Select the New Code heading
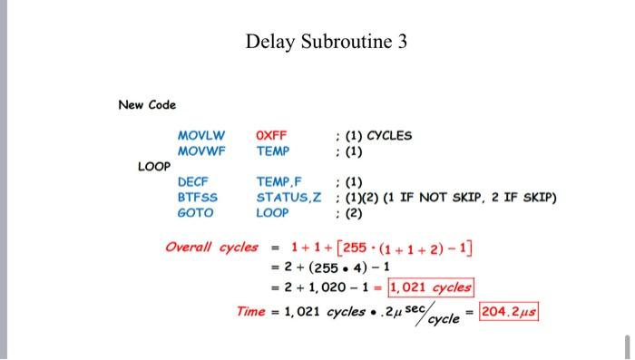(x=147, y=105)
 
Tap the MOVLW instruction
(x=201, y=136)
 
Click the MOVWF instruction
(x=201, y=151)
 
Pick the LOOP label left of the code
(x=153, y=167)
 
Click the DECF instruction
(x=193, y=182)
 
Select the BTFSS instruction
(x=196, y=197)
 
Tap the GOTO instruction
(x=195, y=212)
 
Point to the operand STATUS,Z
(x=286, y=197)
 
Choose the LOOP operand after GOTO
(x=272, y=212)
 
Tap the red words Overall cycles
(x=211, y=247)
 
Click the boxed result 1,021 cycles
(x=430, y=287)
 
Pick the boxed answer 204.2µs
(x=510, y=311)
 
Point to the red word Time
(x=250, y=311)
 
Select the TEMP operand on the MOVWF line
(x=273, y=151)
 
